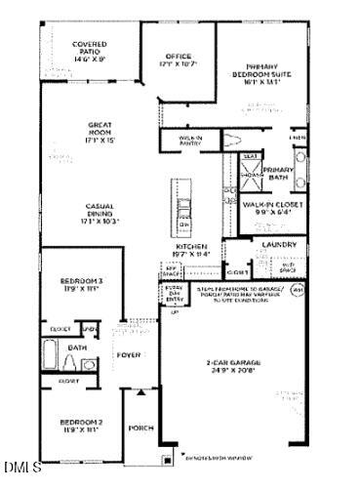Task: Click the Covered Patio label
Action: (x=89, y=51)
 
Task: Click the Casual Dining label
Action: (x=101, y=214)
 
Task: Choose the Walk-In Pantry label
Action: (x=189, y=138)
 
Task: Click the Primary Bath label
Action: (x=278, y=174)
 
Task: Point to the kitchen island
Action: (x=181, y=206)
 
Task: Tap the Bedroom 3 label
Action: (x=81, y=284)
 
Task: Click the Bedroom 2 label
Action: (x=81, y=425)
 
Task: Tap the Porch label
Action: (x=142, y=428)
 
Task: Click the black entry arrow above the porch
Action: (x=142, y=391)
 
